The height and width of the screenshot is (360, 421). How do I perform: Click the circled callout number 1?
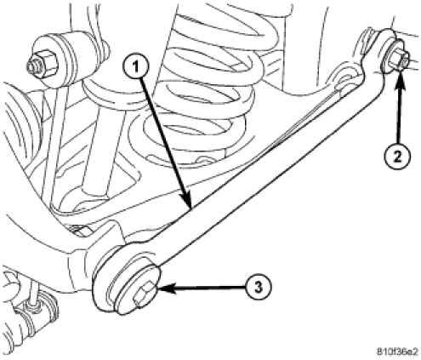tap(135, 66)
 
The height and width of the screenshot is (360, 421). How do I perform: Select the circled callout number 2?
tap(397, 156)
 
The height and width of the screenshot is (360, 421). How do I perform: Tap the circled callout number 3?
tap(259, 287)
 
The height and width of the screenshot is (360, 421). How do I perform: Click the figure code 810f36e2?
tap(397, 351)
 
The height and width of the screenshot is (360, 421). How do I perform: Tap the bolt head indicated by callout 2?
tap(398, 60)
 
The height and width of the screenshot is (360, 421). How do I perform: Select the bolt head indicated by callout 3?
tap(143, 296)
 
